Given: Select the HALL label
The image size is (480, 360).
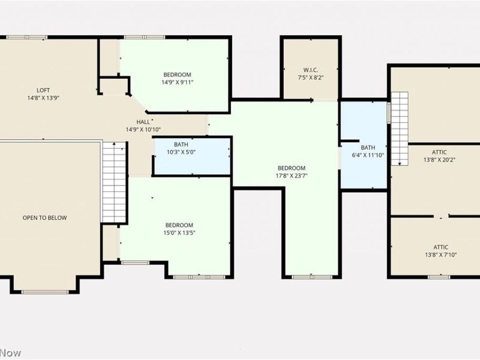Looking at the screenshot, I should pos(143,122).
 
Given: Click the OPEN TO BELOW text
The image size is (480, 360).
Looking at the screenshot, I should pos(44,218).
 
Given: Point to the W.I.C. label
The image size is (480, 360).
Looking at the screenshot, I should pos(310,69).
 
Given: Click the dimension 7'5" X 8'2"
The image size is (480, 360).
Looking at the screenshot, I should pos(310,77).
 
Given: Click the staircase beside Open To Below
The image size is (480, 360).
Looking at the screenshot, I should pos(114,182).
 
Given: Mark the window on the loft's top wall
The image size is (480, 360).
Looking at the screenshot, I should pos(27,38).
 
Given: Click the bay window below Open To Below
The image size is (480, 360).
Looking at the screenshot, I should pos(45,292).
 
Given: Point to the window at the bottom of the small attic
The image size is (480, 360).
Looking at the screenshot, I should pos(439,277).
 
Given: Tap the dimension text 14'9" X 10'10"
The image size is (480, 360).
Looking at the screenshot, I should pos(143,130).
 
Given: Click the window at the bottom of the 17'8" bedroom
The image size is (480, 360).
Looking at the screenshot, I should pos(311,277).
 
